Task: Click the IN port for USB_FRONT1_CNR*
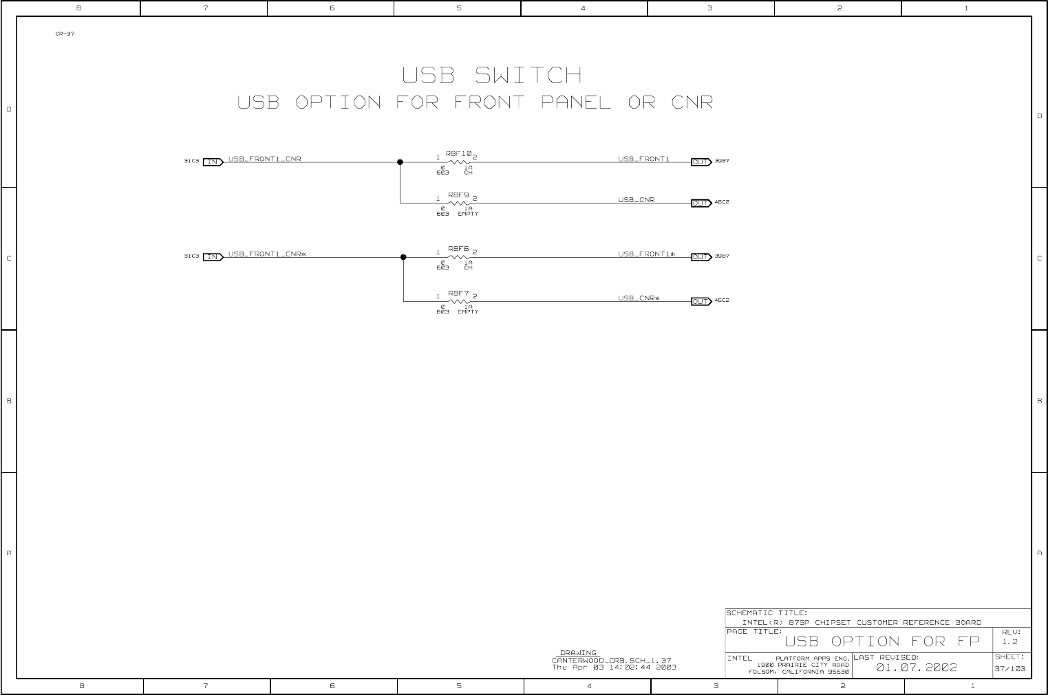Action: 213,257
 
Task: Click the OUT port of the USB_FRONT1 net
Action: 701,162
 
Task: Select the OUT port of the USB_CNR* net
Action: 701,301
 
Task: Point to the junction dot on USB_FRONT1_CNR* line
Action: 403,258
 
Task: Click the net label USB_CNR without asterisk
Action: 636,200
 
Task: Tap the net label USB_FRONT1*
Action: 646,254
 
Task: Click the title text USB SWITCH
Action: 492,75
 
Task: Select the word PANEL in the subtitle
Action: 575,103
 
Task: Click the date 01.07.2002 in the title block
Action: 916,668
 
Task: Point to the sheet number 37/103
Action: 1010,669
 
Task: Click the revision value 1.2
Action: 1009,642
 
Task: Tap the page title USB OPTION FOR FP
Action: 881,642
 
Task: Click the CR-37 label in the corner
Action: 65,34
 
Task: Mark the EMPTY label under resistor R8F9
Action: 468,214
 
